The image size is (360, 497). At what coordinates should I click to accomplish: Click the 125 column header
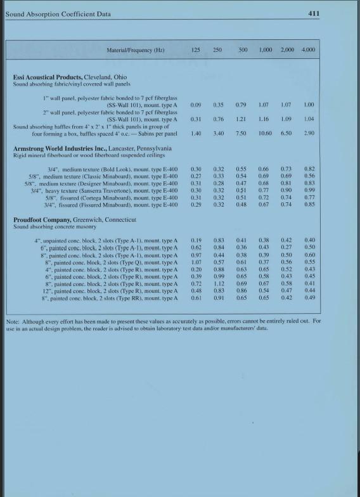196,49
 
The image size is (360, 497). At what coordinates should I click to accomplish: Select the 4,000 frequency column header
309,49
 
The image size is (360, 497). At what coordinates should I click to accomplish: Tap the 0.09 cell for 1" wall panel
196,104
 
